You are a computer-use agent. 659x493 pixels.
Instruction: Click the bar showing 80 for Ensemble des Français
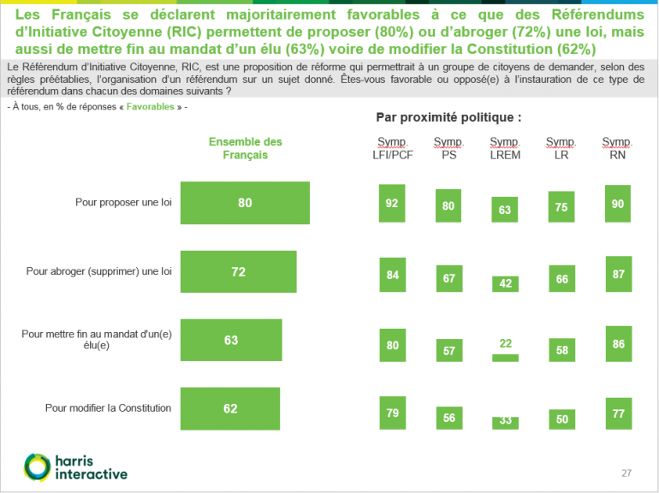tap(246, 203)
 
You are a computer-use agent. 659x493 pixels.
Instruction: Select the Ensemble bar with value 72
tap(239, 271)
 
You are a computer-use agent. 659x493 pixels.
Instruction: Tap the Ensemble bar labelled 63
tap(231, 340)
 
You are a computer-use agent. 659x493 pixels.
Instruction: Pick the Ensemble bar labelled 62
tap(230, 408)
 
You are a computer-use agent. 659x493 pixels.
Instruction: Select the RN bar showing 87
tap(617, 273)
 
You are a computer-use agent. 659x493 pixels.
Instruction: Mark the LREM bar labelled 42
tap(506, 283)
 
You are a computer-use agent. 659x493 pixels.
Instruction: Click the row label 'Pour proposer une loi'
tap(123, 203)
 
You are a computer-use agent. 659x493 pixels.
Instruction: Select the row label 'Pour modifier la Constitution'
tap(109, 408)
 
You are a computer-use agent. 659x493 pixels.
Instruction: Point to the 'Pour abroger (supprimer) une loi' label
tap(99, 271)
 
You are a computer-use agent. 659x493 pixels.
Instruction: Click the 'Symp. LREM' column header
tap(505, 149)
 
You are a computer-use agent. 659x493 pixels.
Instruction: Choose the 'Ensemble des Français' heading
tap(245, 148)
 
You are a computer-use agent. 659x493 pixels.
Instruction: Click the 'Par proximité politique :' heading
tap(448, 116)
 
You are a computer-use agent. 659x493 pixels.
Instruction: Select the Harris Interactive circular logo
tap(37, 466)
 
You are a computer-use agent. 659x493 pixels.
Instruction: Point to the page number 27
tap(626, 473)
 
